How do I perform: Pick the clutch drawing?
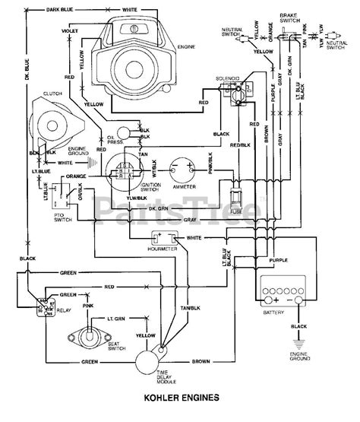pyautogui.click(x=46, y=123)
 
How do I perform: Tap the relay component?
pyautogui.click(x=36, y=308)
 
